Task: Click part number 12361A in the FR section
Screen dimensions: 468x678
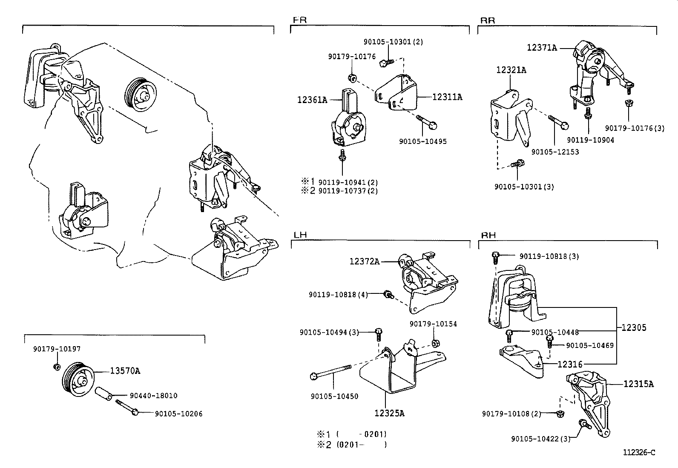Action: point(312,100)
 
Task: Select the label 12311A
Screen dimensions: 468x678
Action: point(447,97)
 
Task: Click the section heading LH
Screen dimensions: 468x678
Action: point(300,235)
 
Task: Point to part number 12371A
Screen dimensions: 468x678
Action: point(541,48)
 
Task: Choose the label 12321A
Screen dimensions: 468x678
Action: point(511,70)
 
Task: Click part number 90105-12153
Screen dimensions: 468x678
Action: point(555,152)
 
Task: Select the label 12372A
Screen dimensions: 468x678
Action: point(364,261)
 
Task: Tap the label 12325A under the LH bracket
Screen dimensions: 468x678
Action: point(389,413)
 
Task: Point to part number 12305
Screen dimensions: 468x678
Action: point(633,327)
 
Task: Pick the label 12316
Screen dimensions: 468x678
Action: point(570,364)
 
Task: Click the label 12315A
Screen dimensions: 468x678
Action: point(638,384)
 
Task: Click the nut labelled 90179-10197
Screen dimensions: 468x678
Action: point(57,367)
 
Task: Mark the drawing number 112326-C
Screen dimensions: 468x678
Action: point(639,452)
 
